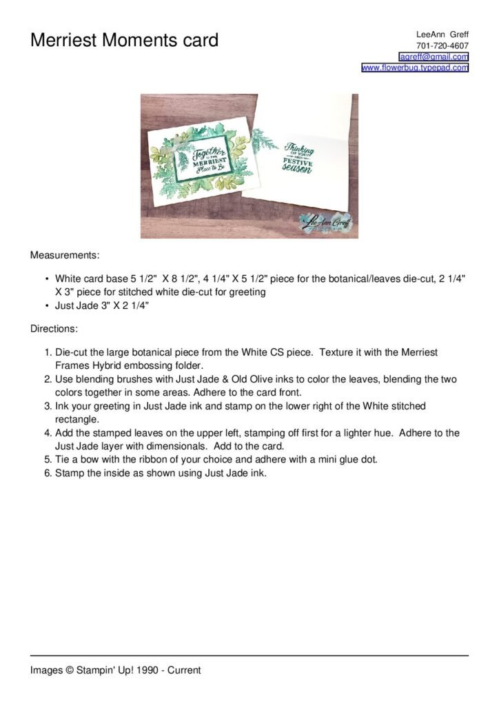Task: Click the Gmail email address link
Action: coord(434,57)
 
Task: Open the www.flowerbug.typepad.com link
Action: coord(415,68)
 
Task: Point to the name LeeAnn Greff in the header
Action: coord(442,34)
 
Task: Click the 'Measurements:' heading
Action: coord(65,255)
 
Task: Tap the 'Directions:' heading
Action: coord(54,329)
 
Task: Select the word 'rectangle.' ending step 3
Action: coord(77,419)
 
